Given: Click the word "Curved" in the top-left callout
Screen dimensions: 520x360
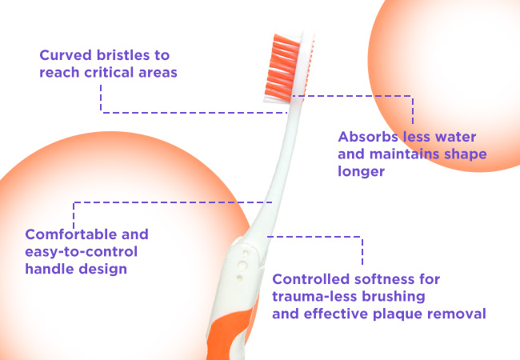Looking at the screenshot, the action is [66, 55].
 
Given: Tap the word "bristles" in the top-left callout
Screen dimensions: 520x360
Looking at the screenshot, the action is [123, 55].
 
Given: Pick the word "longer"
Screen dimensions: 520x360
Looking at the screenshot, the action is [361, 171].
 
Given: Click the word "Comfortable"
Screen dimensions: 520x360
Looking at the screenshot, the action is [71, 234].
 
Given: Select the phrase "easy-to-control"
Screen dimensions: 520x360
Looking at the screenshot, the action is [82, 252].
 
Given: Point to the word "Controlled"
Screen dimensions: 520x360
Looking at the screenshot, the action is [310, 279].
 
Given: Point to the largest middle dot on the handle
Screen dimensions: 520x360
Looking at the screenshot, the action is [242, 265].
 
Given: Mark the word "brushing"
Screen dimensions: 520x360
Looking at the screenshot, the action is [394, 297].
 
